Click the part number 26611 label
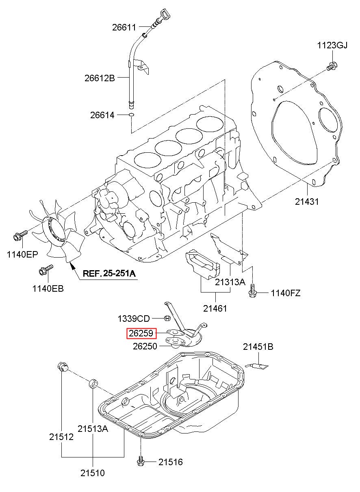[124, 28]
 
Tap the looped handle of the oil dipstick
[165, 15]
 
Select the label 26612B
[100, 78]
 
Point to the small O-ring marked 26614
[131, 115]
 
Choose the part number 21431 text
[307, 202]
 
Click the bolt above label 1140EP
[20, 235]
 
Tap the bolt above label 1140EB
[46, 270]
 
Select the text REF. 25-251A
[109, 273]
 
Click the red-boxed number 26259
[141, 333]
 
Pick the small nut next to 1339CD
[167, 318]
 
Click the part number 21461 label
[215, 308]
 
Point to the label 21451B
[258, 347]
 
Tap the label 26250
[145, 347]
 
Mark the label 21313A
[230, 282]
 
